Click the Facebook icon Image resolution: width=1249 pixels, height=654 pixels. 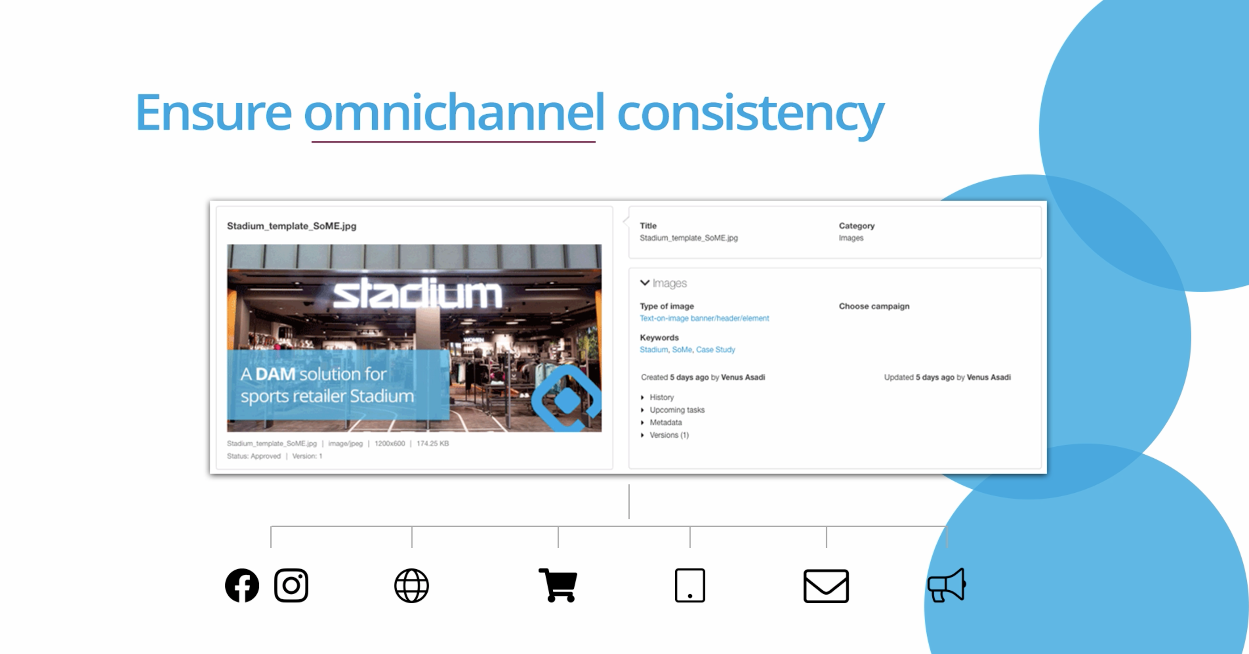pyautogui.click(x=242, y=585)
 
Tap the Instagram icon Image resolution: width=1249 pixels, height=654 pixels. pyautogui.click(x=291, y=585)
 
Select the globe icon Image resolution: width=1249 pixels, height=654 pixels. pyautogui.click(x=412, y=586)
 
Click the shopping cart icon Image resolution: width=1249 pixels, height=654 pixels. pyautogui.click(x=558, y=585)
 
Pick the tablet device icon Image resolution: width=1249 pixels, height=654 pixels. pyautogui.click(x=690, y=586)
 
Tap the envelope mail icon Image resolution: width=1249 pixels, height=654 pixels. pyautogui.click(x=826, y=586)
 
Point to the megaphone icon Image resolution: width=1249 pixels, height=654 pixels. pyautogui.click(x=946, y=585)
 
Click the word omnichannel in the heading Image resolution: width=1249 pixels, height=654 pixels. pyautogui.click(x=454, y=112)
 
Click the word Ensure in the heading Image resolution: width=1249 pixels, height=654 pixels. pyautogui.click(x=213, y=112)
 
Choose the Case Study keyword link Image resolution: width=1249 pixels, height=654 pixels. pyautogui.click(x=715, y=350)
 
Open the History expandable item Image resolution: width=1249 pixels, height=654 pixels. pyautogui.click(x=661, y=397)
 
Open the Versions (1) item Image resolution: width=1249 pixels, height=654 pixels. pyautogui.click(x=669, y=435)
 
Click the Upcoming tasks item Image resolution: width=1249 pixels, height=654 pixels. pyautogui.click(x=677, y=410)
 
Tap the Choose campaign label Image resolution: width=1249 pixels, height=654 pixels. pyautogui.click(x=874, y=306)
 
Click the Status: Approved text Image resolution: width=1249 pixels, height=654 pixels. pyautogui.click(x=254, y=456)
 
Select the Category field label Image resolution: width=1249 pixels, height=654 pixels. pyautogui.click(x=856, y=226)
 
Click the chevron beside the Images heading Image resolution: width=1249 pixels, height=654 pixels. pyautogui.click(x=645, y=283)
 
